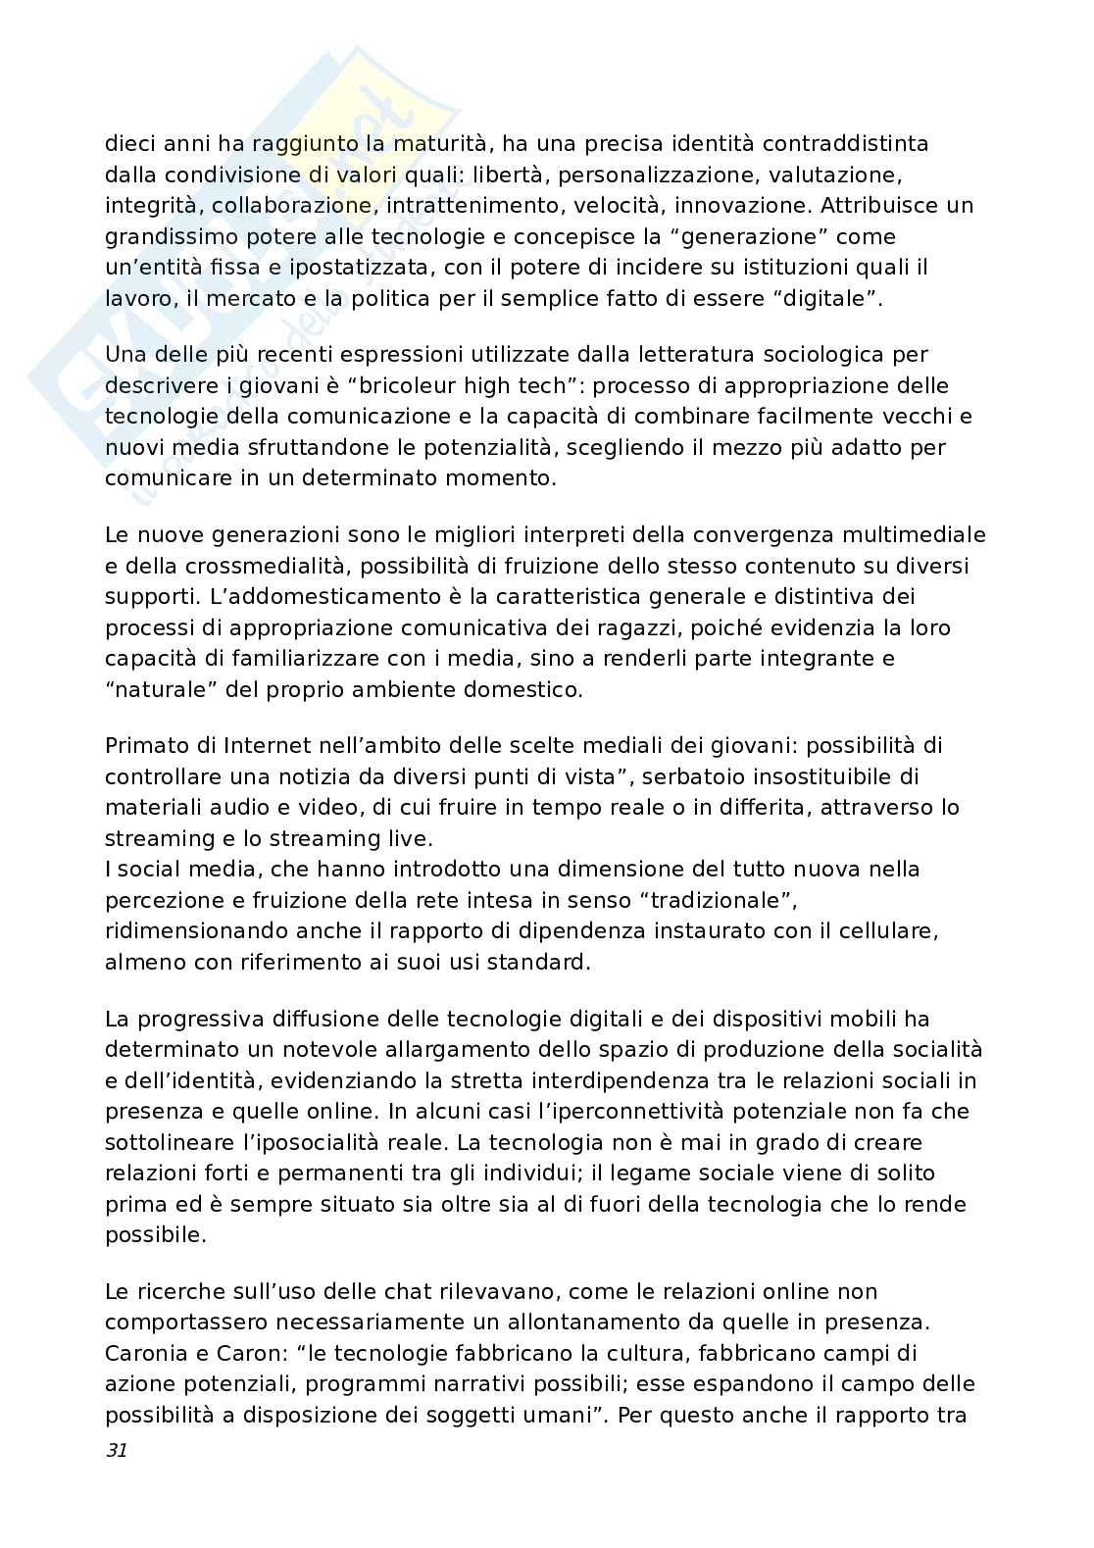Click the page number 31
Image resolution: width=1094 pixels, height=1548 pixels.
pyautogui.click(x=116, y=1451)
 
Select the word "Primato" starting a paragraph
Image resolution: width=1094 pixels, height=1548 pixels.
pyautogui.click(x=143, y=745)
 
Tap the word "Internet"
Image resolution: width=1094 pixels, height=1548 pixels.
pyautogui.click(x=237, y=745)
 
